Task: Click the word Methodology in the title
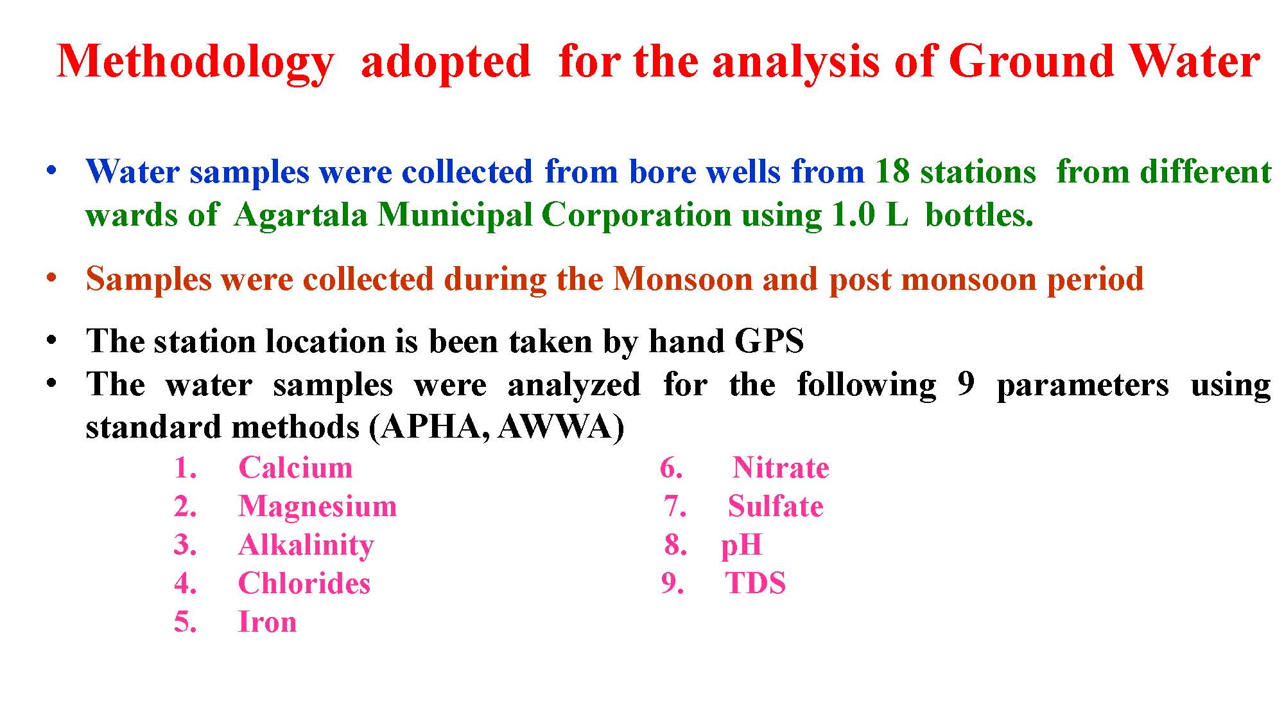(x=195, y=63)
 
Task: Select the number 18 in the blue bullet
(x=892, y=172)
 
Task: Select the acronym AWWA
(x=555, y=427)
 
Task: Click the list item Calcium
(x=295, y=468)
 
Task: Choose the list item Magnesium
(x=318, y=507)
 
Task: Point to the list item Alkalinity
(x=306, y=546)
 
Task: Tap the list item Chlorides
(x=304, y=584)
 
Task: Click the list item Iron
(x=268, y=622)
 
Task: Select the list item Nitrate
(x=781, y=468)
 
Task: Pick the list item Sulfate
(x=776, y=506)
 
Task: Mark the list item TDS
(x=756, y=584)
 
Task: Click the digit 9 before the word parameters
(x=966, y=384)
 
